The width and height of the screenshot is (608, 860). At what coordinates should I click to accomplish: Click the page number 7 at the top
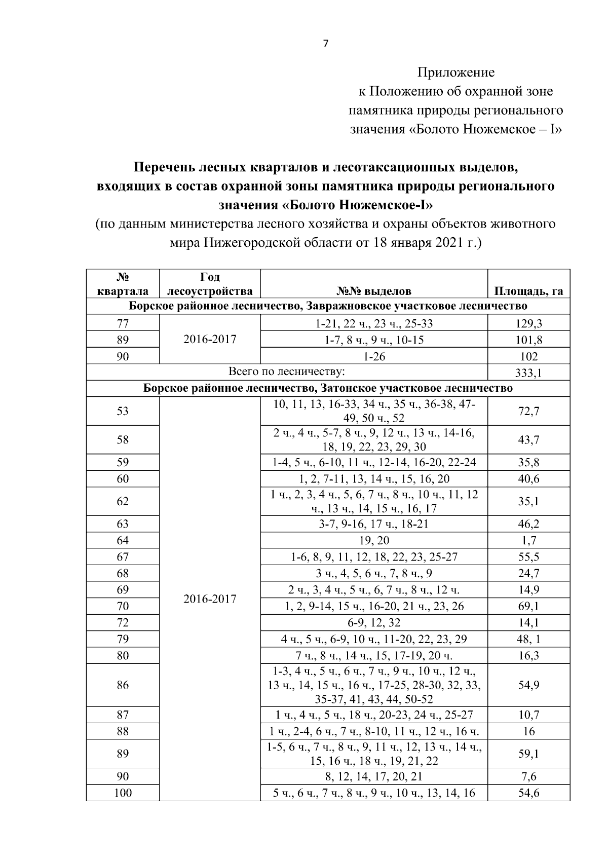[325, 44]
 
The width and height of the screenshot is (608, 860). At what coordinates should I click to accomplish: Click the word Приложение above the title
[455, 72]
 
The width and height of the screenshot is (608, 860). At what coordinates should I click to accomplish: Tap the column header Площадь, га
[528, 291]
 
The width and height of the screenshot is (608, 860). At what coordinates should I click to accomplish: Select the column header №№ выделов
[374, 291]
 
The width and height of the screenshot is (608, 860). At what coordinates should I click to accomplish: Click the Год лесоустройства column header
[210, 284]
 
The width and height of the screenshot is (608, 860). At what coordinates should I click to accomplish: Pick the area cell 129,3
[528, 323]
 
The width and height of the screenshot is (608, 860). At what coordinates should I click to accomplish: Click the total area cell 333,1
[528, 373]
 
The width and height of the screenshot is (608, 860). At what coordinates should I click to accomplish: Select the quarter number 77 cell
[123, 323]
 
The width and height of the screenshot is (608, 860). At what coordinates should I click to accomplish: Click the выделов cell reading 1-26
[374, 356]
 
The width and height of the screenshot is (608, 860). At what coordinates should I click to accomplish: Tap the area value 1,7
[528, 540]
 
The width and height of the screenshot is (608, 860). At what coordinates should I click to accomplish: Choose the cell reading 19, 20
[374, 540]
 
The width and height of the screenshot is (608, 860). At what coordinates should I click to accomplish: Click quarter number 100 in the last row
[123, 793]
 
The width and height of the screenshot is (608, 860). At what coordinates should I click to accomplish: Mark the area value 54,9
[528, 685]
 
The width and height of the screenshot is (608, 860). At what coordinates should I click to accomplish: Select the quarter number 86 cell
[123, 685]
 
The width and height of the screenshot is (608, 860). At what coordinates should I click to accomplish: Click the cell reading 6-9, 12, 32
[374, 622]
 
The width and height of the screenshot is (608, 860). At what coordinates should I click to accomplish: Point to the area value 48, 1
[528, 639]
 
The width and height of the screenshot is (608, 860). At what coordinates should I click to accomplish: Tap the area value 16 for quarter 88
[528, 731]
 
